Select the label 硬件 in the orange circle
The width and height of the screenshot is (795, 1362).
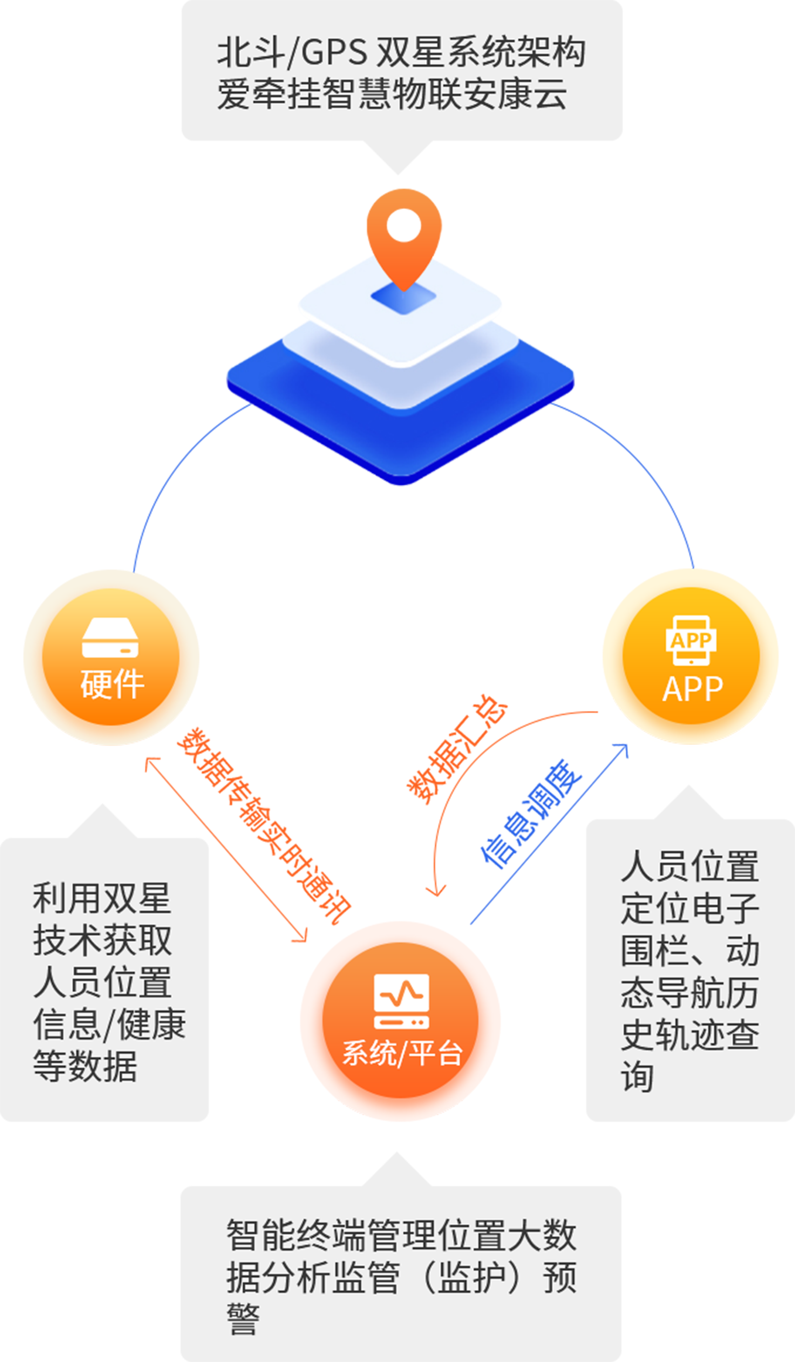(x=112, y=684)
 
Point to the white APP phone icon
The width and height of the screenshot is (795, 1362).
(x=691, y=640)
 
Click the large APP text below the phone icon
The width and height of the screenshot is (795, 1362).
(x=692, y=689)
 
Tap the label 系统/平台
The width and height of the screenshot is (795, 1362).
(x=402, y=1053)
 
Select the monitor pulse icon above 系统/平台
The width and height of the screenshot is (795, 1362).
(x=402, y=1000)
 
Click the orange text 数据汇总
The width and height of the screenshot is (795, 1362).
(x=457, y=750)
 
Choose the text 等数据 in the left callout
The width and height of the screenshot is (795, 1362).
(x=85, y=1066)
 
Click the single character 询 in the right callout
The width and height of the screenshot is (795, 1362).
(x=637, y=1076)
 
